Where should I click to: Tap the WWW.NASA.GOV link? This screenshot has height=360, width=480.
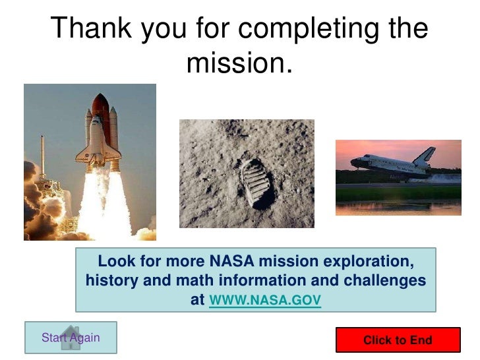point(264,301)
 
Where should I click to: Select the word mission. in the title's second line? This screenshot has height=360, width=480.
point(239,63)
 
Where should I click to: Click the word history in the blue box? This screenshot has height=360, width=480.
point(109,281)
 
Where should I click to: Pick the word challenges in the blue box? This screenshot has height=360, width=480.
point(386,281)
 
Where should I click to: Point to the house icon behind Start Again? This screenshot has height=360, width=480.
point(70,338)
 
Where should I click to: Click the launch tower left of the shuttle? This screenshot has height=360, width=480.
point(43,165)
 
